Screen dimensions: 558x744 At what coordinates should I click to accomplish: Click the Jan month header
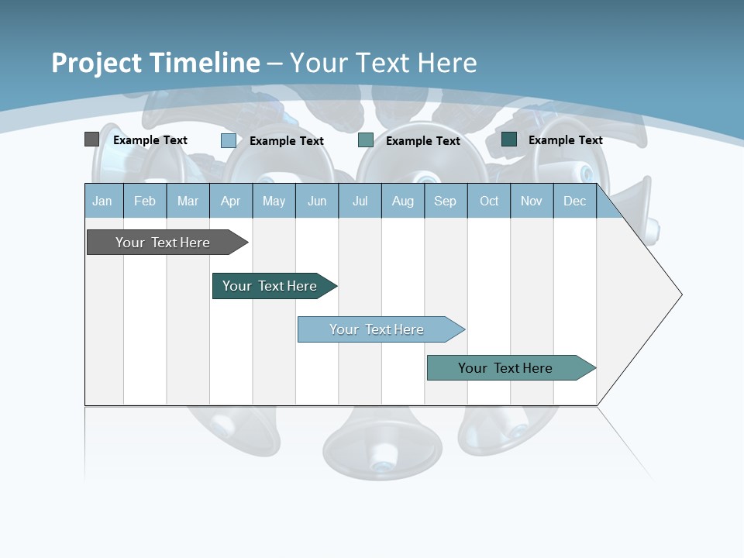pyautogui.click(x=102, y=201)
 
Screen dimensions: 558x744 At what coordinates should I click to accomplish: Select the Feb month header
pyautogui.click(x=145, y=201)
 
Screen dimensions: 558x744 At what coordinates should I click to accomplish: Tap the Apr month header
pyautogui.click(x=230, y=201)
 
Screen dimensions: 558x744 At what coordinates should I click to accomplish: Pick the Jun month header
pyautogui.click(x=317, y=201)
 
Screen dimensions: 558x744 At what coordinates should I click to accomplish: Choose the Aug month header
pyautogui.click(x=402, y=201)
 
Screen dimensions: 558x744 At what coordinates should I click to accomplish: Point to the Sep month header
pyautogui.click(x=445, y=201)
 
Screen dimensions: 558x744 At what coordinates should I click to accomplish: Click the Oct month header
pyautogui.click(x=489, y=201)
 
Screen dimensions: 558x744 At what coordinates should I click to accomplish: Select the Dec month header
pyautogui.click(x=574, y=201)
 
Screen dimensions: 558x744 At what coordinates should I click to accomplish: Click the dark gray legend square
pyautogui.click(x=91, y=139)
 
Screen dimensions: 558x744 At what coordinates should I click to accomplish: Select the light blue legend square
pyautogui.click(x=228, y=140)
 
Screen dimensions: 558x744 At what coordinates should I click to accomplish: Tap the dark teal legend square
pyautogui.click(x=509, y=139)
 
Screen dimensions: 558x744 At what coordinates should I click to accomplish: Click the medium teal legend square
pyautogui.click(x=366, y=140)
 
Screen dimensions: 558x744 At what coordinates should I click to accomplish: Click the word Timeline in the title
pyautogui.click(x=205, y=63)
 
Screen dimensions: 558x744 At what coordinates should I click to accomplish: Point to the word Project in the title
pyautogui.click(x=97, y=63)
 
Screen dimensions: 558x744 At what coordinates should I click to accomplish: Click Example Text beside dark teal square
pyautogui.click(x=565, y=140)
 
